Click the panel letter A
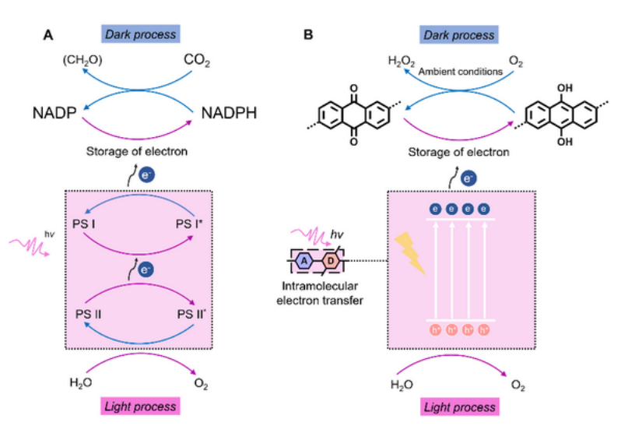48,35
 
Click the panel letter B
309,35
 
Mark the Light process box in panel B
457,407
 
